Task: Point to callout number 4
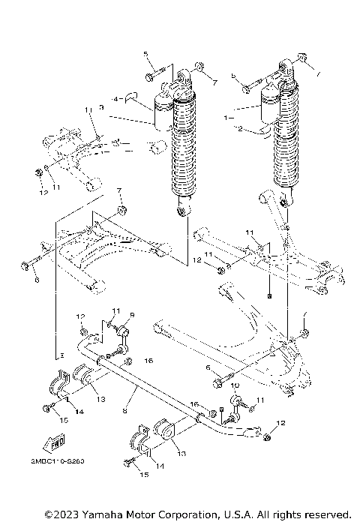pyautogui.click(x=116, y=98)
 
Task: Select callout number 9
pyautogui.click(x=131, y=315)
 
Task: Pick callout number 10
pyautogui.click(x=234, y=386)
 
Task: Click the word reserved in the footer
pyautogui.click(x=327, y=514)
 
